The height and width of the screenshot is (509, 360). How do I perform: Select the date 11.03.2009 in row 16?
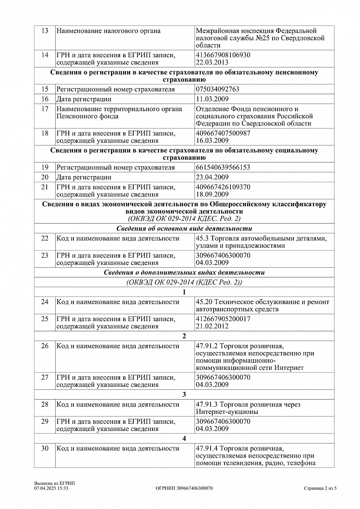pos(213,99)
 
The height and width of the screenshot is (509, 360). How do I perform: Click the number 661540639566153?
pos(223,168)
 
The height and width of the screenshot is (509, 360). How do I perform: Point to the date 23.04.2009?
pos(213,177)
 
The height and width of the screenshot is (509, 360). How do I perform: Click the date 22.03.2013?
pos(213,62)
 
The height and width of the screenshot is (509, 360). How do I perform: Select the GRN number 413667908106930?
pos(223,55)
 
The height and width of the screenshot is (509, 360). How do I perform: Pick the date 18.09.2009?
pos(213,194)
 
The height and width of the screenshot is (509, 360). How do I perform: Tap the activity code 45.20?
pos(204,302)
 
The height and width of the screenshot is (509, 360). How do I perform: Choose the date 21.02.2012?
pos(213,326)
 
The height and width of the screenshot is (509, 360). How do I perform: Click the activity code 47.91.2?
pos(207,346)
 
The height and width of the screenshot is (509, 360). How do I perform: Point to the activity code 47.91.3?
pos(207,405)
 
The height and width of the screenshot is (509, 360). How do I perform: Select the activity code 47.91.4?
pos(207,448)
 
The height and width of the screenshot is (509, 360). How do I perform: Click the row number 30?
pos(45,448)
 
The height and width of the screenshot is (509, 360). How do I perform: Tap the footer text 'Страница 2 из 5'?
pos(320,488)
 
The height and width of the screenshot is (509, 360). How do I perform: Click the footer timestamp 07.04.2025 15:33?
pos(51,488)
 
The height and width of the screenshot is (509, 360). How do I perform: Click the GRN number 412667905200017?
pos(223,319)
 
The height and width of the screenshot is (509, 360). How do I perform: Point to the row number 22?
pos(45,238)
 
